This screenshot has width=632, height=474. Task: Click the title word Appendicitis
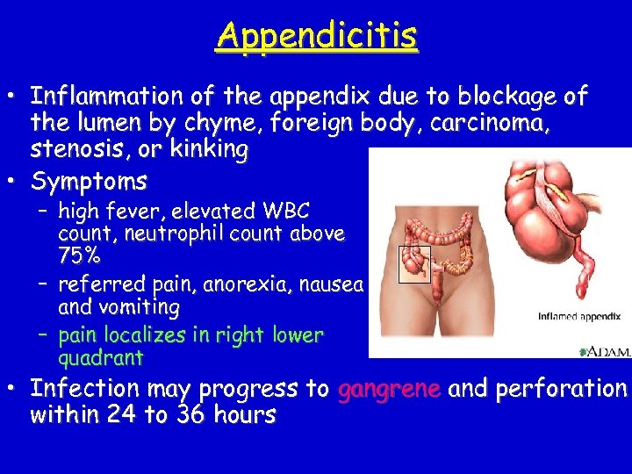[317, 36]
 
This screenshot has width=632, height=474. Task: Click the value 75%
[79, 257]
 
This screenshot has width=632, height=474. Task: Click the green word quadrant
[100, 358]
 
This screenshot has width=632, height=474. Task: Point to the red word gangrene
[388, 389]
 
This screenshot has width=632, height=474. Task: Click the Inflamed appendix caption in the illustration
[578, 316]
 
